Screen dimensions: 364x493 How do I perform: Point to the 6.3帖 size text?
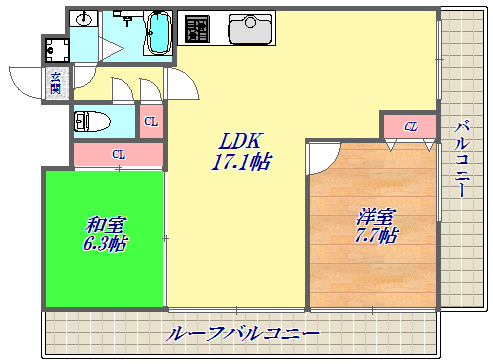pyautogui.click(x=103, y=242)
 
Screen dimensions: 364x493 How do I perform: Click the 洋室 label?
pyautogui.click(x=375, y=216)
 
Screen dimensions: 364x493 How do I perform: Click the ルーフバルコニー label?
pyautogui.click(x=243, y=333)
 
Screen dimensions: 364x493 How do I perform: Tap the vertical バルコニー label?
pyautogui.click(x=462, y=160)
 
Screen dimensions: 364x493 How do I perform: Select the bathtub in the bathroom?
pyautogui.click(x=159, y=31)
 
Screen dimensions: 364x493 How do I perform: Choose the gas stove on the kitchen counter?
pyautogui.click(x=197, y=28)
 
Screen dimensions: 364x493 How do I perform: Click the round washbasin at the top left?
pyautogui.click(x=85, y=20)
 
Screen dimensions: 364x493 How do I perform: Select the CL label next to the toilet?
pyautogui.click(x=151, y=122)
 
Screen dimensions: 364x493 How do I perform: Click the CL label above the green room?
pyautogui.click(x=118, y=155)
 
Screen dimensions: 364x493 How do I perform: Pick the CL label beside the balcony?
pyautogui.click(x=410, y=126)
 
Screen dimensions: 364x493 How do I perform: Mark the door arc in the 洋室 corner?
pyautogui.click(x=322, y=157)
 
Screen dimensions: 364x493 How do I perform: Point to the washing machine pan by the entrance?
pyautogui.click(x=55, y=50)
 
